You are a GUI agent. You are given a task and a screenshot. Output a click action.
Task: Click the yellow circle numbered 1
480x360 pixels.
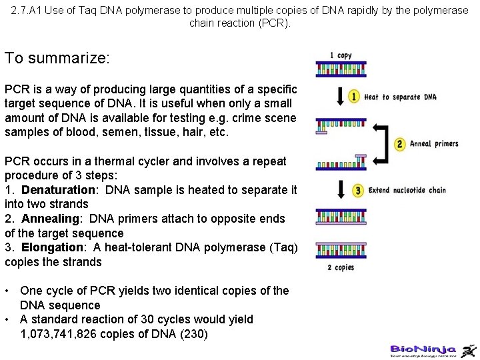354,97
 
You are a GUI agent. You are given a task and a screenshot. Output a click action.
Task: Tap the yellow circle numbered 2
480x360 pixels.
400,143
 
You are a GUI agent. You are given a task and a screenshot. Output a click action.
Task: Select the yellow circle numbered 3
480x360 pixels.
358,190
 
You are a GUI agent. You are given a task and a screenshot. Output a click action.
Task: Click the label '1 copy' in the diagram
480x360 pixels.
341,55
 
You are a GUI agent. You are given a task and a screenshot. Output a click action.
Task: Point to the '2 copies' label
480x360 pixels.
341,267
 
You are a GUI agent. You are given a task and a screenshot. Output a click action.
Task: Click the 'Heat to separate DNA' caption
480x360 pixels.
400,97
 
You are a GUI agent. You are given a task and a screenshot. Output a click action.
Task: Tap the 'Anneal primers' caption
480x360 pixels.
434,143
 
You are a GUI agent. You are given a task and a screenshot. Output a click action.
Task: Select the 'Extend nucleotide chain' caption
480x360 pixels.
407,190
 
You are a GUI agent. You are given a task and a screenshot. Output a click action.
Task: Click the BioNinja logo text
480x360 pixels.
423,349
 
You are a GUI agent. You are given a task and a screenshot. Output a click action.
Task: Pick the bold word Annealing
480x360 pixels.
51,219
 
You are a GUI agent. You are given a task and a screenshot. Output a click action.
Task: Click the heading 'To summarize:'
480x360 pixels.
57,58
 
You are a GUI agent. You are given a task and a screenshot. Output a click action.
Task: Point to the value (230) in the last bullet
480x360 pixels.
194,333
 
